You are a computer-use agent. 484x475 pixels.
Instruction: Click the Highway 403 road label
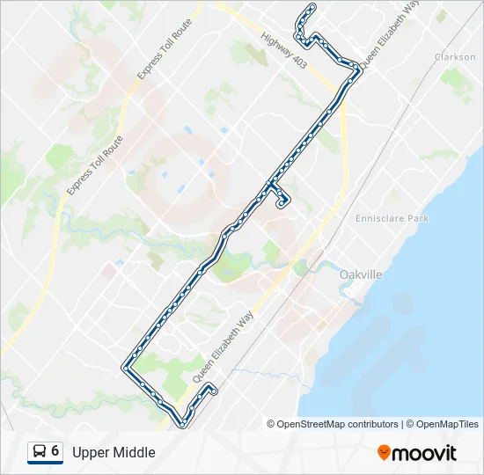(282, 54)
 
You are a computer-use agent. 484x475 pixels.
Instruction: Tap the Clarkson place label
(455, 57)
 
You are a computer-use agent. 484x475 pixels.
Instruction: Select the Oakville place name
(361, 275)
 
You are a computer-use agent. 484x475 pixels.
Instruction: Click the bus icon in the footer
(40, 452)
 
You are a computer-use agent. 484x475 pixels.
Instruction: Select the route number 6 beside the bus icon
(55, 451)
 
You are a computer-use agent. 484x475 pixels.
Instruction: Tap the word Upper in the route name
(90, 452)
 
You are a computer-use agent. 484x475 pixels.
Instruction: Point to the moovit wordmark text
(424, 453)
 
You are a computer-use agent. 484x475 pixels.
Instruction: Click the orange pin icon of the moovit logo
(385, 453)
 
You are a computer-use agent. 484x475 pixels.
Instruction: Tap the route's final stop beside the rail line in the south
(211, 388)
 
